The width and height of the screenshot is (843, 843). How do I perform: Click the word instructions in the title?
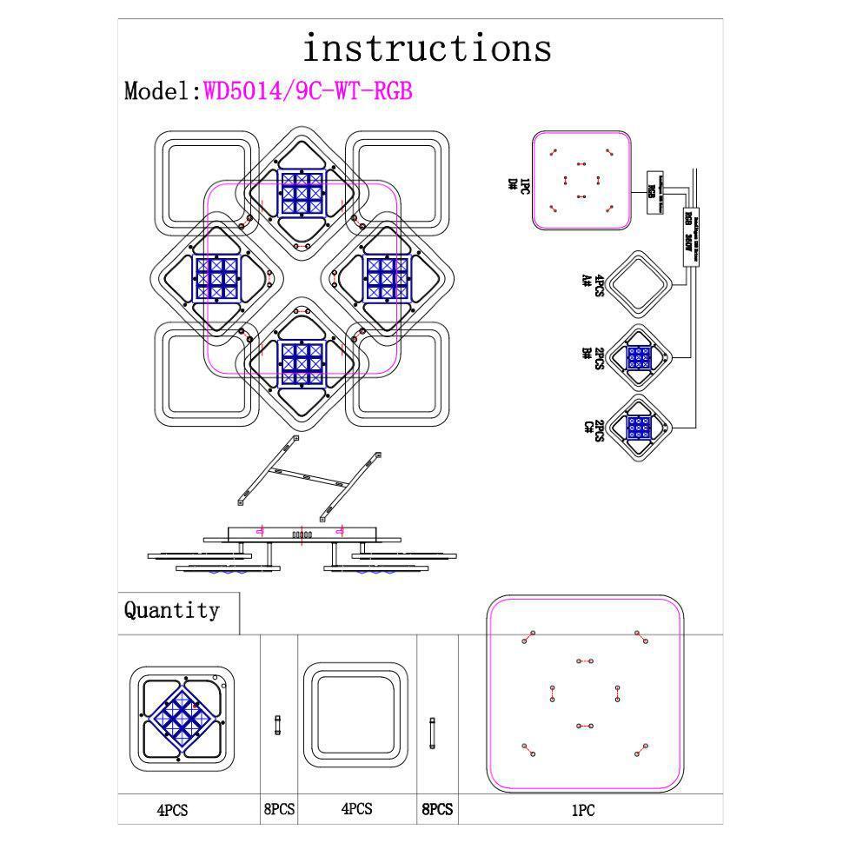tap(427, 48)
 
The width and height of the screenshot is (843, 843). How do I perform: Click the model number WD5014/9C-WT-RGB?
tap(308, 91)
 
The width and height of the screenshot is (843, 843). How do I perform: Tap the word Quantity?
tap(172, 610)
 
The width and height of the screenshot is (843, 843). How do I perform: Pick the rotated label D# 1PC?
tap(519, 184)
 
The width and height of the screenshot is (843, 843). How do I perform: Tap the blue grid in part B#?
tap(640, 357)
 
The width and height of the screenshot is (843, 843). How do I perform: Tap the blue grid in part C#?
tap(640, 428)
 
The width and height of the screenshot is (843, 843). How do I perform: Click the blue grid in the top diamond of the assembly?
tap(302, 192)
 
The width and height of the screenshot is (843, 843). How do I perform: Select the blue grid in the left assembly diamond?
tap(216, 278)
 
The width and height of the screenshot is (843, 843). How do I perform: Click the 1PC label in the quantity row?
tap(582, 810)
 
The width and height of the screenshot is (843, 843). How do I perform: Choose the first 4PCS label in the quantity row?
tap(172, 810)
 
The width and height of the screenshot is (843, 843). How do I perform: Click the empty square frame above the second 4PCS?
tap(356, 716)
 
